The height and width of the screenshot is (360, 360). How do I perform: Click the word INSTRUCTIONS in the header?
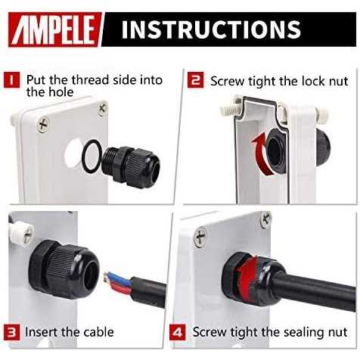tap(211, 30)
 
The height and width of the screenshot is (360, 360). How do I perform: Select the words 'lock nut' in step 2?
tap(321, 80)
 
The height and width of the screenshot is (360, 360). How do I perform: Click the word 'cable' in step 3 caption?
tap(96, 332)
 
